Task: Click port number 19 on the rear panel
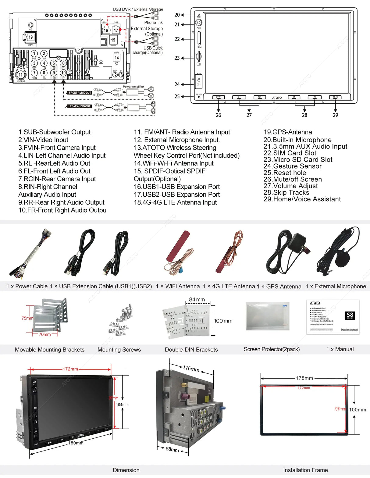30,37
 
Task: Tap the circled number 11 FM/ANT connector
20,75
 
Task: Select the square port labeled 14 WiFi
116,58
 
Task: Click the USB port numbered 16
105,30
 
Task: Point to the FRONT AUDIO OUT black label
79,93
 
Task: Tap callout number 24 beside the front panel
177,84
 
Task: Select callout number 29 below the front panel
335,115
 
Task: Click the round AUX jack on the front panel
199,23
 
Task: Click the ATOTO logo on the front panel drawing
277,98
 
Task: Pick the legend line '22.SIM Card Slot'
290,153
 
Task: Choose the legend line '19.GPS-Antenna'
287,132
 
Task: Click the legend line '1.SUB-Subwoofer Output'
54,132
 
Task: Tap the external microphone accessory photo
340,251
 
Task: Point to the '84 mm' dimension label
197,300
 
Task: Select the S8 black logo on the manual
350,316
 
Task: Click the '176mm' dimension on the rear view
191,369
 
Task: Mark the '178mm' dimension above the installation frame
304,378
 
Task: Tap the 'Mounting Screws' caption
119,350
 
